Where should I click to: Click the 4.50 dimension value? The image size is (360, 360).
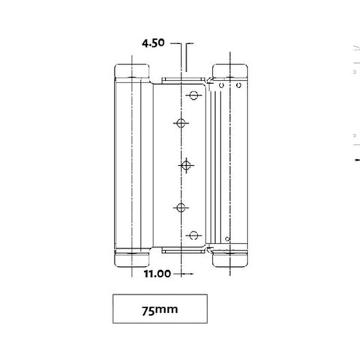point(152,44)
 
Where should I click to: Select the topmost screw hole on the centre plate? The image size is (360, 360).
point(193,95)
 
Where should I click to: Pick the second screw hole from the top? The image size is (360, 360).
point(181,122)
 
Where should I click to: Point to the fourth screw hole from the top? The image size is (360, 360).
point(181,205)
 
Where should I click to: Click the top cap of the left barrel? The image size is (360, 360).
point(132,73)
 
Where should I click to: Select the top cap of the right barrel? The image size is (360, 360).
point(229,73)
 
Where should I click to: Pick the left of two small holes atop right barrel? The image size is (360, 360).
point(223,87)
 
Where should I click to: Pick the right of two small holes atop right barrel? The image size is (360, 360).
point(238,87)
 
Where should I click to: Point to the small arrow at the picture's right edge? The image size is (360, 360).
point(354,160)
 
